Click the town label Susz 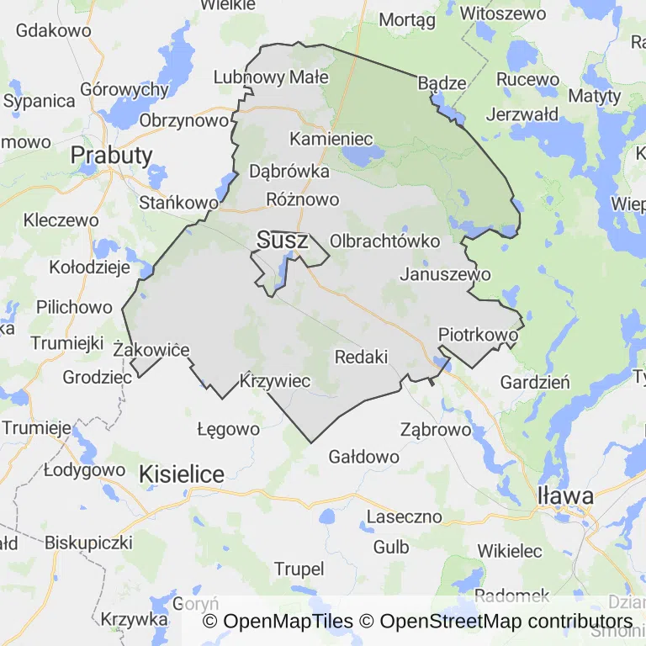tap(283, 240)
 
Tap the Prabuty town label tap(112, 155)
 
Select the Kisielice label tap(182, 474)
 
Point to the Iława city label tap(565, 495)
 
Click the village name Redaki tap(361, 357)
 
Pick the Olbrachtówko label tap(385, 241)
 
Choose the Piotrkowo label tap(478, 335)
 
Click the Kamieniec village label tap(331, 138)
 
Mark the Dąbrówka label tap(289, 172)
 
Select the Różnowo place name tap(302, 199)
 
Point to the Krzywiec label tap(275, 381)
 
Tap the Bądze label tap(442, 82)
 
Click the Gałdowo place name tap(363, 457)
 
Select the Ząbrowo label tap(436, 429)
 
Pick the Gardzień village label tap(535, 382)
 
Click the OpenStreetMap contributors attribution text tap(506, 622)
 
